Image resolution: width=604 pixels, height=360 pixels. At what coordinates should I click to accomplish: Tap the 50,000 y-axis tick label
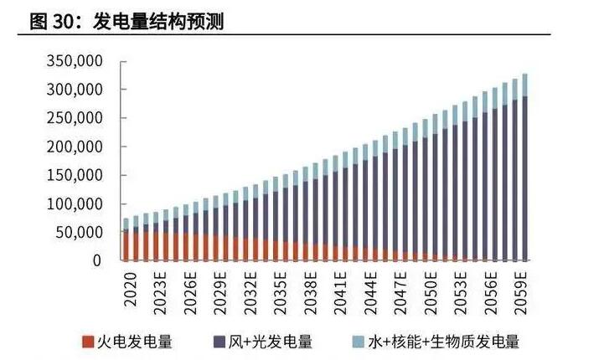tap(81, 232)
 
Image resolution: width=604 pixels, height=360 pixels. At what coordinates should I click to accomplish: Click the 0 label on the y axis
tap(98, 260)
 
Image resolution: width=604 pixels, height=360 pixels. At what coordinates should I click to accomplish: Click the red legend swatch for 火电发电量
tap(88, 342)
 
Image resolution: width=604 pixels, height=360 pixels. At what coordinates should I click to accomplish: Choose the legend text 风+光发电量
tap(272, 342)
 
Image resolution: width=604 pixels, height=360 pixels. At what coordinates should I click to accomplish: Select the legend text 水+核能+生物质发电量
tap(448, 342)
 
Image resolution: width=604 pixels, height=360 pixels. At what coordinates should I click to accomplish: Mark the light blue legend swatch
tap(359, 342)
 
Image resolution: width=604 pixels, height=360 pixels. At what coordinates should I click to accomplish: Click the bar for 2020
tap(126, 243)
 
